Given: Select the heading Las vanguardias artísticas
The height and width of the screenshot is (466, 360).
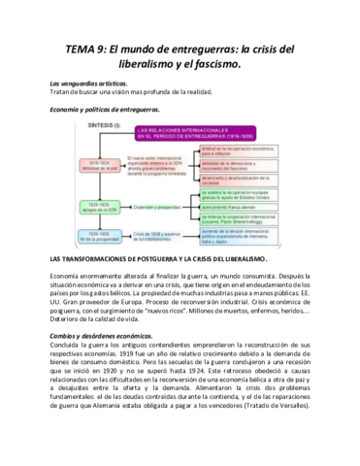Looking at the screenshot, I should point(91,84).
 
